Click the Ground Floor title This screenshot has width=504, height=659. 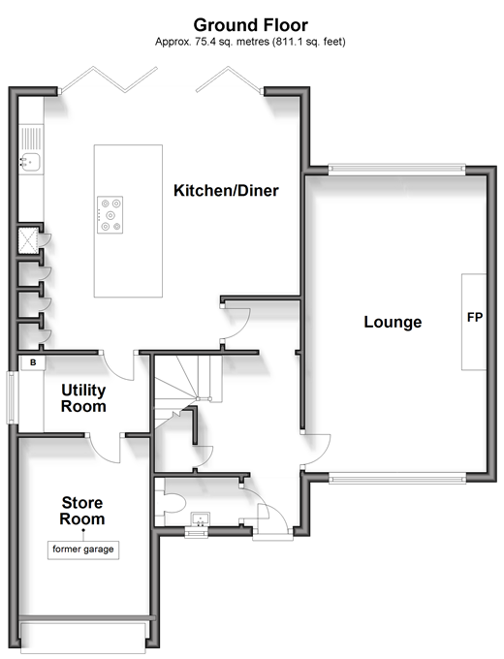tap(250, 25)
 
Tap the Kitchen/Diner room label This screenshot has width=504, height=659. tap(226, 190)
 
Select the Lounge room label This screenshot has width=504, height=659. tap(393, 322)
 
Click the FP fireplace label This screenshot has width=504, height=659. tap(475, 317)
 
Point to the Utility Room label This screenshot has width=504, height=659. tap(83, 398)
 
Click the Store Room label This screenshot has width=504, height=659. tap(82, 511)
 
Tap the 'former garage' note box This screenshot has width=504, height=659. tap(83, 549)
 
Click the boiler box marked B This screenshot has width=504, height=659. tap(33, 362)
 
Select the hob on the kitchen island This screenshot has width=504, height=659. tap(110, 215)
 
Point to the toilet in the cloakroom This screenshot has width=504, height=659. tap(173, 501)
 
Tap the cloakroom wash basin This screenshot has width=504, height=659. tap(200, 519)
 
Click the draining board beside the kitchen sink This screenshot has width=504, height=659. tap(31, 139)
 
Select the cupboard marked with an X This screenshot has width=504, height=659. tap(28, 240)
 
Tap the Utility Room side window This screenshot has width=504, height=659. tap(12, 397)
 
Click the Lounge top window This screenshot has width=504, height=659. tap(396, 169)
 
